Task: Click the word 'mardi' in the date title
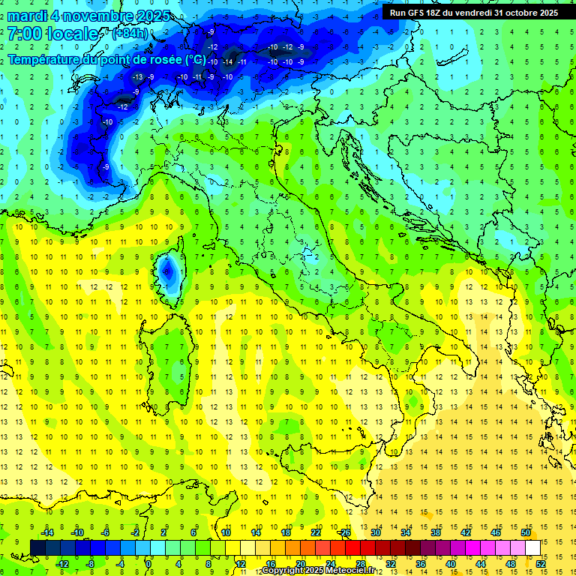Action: tap(25, 16)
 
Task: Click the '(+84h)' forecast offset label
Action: tap(130, 34)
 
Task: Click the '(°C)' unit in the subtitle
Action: tap(194, 58)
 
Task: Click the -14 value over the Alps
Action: tap(229, 61)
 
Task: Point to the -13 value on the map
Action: tap(137, 76)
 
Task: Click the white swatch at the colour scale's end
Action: tap(532, 547)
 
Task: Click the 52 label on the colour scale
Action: tap(540, 563)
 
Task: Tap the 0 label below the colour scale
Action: tap(149, 563)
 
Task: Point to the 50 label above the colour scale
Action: tap(525, 532)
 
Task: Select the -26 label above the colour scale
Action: tap(344, 532)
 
